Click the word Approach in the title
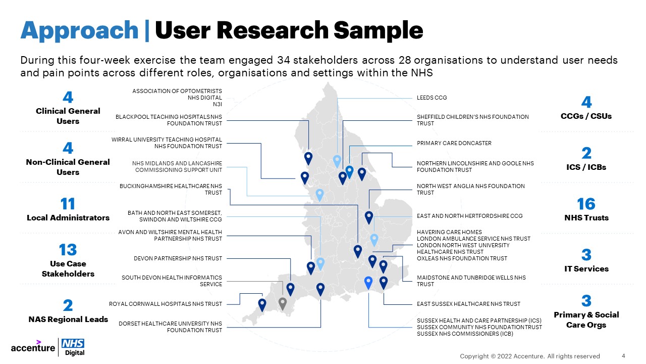click(x=79, y=31)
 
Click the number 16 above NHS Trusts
click(x=586, y=204)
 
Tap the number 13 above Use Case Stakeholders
click(x=68, y=250)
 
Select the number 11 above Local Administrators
click(x=68, y=204)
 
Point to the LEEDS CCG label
click(x=432, y=98)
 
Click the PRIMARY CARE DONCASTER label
click(x=454, y=143)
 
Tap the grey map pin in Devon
click(x=283, y=304)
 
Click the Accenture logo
click(x=33, y=347)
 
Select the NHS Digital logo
click(x=73, y=347)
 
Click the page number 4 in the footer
click(x=623, y=356)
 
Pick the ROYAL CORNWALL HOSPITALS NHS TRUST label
click(x=166, y=304)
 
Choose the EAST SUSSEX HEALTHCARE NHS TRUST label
click(x=468, y=304)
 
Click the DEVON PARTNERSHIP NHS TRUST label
click(x=178, y=258)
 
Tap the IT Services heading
click(x=586, y=269)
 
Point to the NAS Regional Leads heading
click(x=68, y=320)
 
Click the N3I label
click(x=218, y=104)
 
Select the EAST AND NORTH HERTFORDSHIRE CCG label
click(x=469, y=216)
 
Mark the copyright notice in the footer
click(x=530, y=356)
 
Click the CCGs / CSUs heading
click(x=586, y=116)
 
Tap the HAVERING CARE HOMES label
click(x=449, y=232)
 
